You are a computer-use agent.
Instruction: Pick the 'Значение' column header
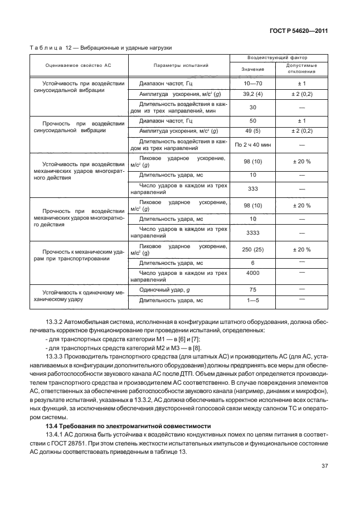(252, 69)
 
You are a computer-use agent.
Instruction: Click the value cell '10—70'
(252, 83)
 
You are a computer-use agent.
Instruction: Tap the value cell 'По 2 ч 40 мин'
(252, 145)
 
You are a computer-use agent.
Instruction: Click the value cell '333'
(252, 189)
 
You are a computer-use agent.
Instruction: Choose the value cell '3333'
(252, 232)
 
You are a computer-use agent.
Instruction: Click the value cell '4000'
(252, 273)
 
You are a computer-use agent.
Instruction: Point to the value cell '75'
(252, 290)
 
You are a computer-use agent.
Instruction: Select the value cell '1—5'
(252, 300)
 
